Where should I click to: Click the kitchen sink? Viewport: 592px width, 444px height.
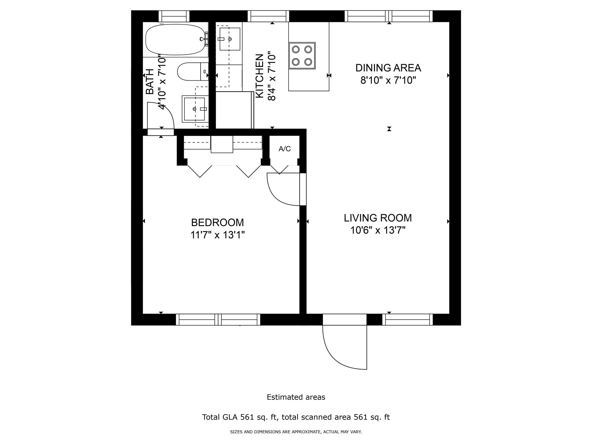(x=230, y=39)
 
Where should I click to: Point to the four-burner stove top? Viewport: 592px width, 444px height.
(x=302, y=55)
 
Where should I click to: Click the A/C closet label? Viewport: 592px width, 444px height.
(x=284, y=149)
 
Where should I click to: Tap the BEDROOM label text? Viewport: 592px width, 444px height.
(x=217, y=223)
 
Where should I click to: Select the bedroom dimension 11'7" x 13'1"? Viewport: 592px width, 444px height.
(x=217, y=235)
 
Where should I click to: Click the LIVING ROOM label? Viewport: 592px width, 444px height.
(x=378, y=218)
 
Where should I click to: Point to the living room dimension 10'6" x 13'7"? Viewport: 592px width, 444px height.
(x=378, y=231)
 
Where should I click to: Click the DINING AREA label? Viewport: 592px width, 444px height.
(x=388, y=68)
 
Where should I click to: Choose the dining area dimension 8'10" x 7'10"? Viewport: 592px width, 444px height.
(x=388, y=80)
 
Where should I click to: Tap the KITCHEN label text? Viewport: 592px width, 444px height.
(x=260, y=76)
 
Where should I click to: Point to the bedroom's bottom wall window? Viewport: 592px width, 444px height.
(x=218, y=320)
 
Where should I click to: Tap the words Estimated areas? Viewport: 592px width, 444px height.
(x=296, y=397)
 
